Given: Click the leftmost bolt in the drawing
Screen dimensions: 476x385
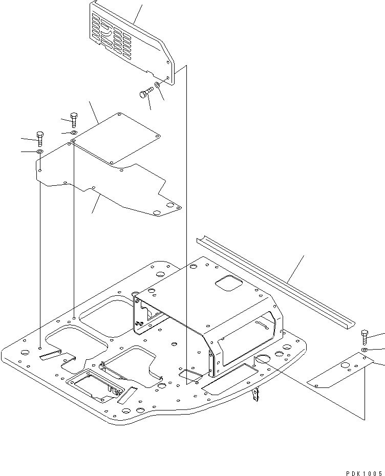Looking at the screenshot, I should click(x=40, y=138).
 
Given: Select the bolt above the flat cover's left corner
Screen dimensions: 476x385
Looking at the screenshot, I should click(x=74, y=119).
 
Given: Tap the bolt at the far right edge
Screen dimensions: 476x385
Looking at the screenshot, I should click(x=364, y=337).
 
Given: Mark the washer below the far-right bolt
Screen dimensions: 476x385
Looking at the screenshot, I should click(x=363, y=350).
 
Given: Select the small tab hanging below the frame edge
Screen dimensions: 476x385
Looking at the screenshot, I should click(x=256, y=395).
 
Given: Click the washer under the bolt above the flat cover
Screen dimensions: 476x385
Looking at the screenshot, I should click(x=74, y=133).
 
